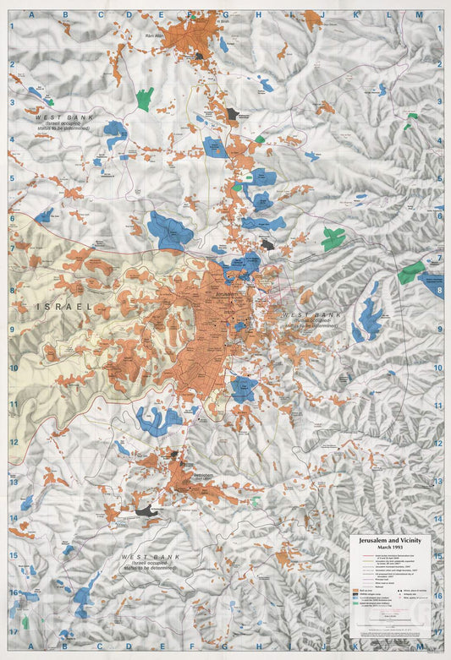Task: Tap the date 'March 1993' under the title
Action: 390,547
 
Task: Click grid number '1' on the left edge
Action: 13,25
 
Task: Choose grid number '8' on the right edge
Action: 439,290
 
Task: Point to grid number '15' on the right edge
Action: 439,556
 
